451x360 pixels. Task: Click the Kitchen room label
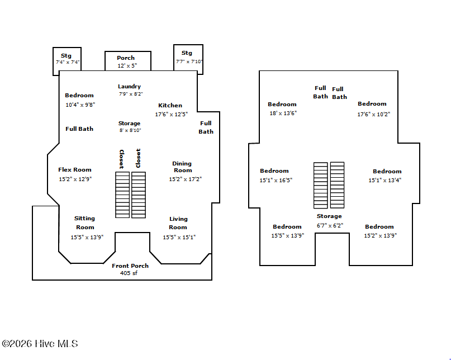pyautogui.click(x=170, y=105)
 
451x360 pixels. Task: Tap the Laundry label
pyautogui.click(x=129, y=86)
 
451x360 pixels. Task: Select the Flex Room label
pyautogui.click(x=75, y=170)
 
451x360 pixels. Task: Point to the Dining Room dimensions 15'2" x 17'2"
pyautogui.click(x=185, y=179)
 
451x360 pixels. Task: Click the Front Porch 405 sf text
pyautogui.click(x=130, y=269)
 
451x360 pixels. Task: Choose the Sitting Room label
pyautogui.click(x=85, y=222)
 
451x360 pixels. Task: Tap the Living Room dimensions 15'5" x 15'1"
pyautogui.click(x=179, y=237)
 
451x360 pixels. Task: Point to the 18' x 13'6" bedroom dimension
pyautogui.click(x=283, y=113)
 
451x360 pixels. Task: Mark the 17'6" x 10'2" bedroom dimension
pyautogui.click(x=374, y=114)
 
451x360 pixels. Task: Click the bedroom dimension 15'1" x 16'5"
pyautogui.click(x=276, y=180)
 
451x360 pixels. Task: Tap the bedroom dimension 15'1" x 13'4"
pyautogui.click(x=385, y=180)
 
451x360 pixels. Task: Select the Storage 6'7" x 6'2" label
pyautogui.click(x=330, y=221)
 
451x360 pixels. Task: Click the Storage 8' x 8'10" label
pyautogui.click(x=130, y=127)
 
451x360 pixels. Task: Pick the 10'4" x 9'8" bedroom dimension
pyautogui.click(x=80, y=105)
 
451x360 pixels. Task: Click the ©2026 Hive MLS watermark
pyautogui.click(x=40, y=344)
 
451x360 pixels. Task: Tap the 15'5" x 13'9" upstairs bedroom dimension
pyautogui.click(x=288, y=235)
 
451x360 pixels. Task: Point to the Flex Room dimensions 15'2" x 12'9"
pyautogui.click(x=75, y=179)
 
